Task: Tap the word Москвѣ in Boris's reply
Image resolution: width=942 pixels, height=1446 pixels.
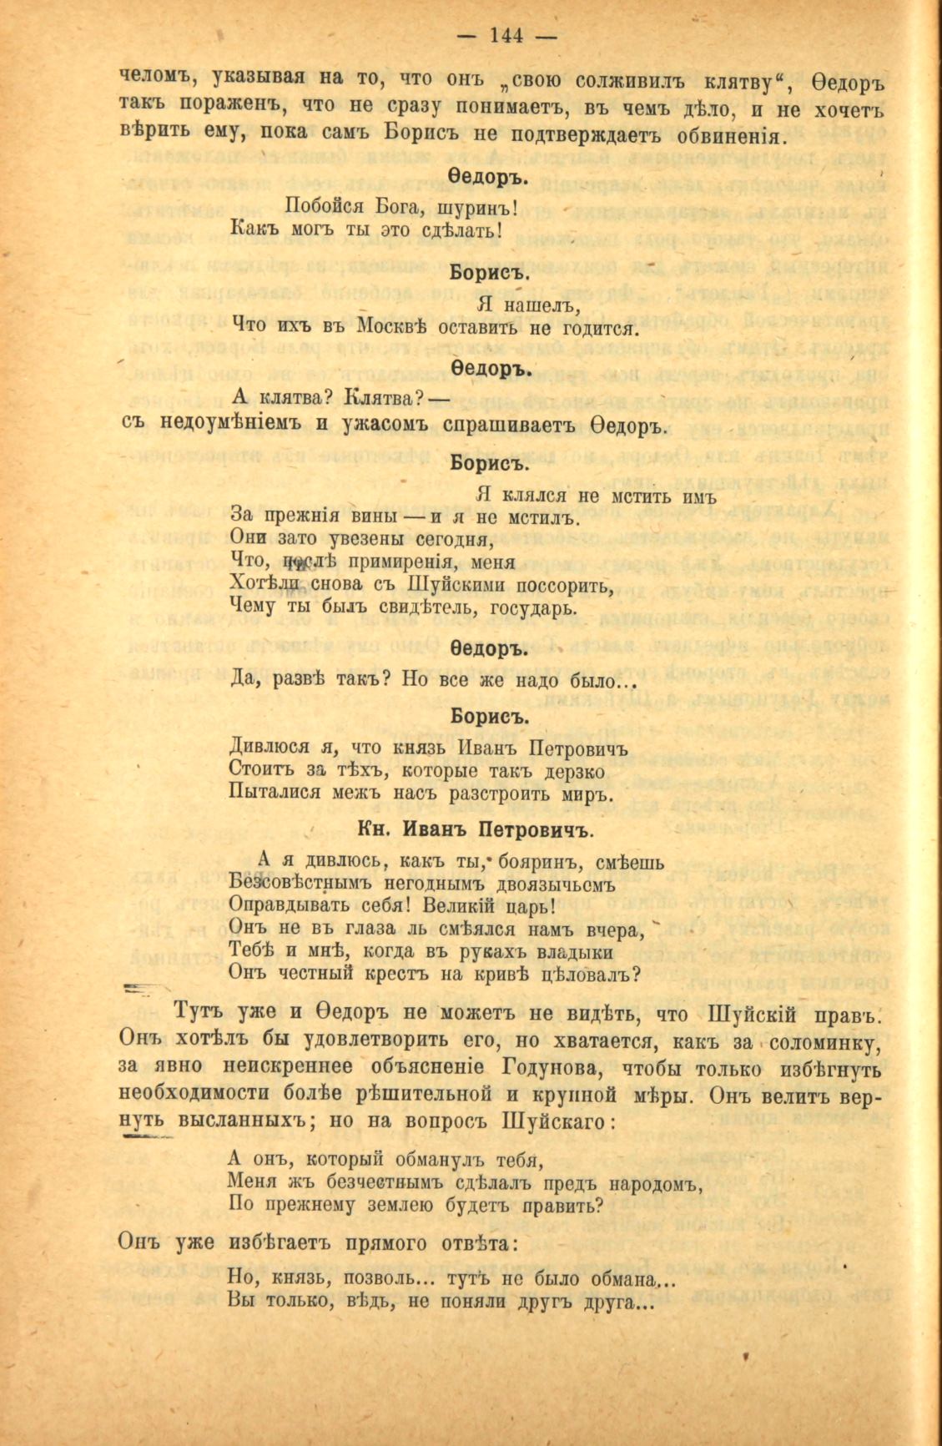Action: click(391, 327)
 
